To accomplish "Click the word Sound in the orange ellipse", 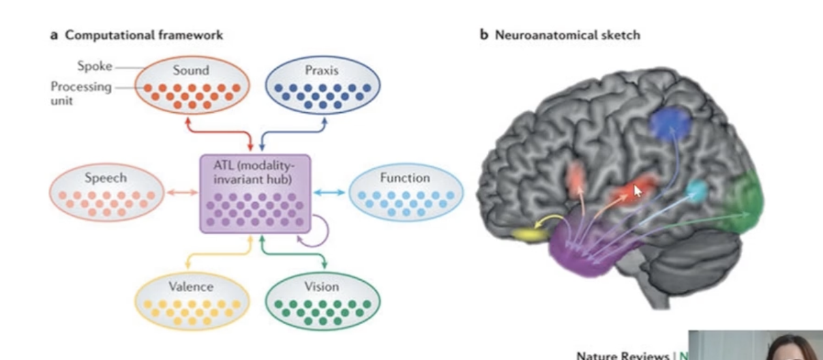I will point(191,70).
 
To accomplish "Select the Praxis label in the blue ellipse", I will point(322,70).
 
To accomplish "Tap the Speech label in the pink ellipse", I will point(105,177).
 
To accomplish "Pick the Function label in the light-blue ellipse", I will point(405,177).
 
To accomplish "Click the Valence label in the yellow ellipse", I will point(190,287).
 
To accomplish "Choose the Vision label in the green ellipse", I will point(322,287).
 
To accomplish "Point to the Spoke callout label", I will point(93,67).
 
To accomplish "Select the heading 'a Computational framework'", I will point(136,35).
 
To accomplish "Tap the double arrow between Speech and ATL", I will point(182,192).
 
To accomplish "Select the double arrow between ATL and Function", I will point(330,192).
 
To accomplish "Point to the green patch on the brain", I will point(743,199).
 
